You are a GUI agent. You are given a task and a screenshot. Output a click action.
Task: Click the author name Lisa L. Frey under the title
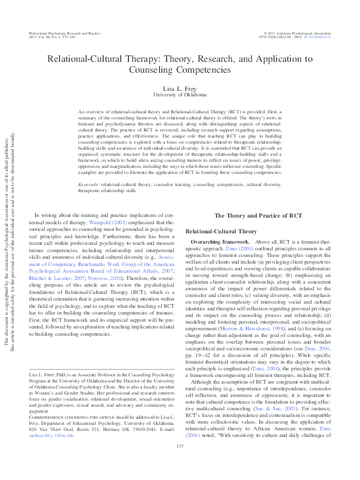click(179, 89)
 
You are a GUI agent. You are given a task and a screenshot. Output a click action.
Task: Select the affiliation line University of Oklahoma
click(179, 95)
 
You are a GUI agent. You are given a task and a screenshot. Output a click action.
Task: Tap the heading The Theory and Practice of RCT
click(258, 216)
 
